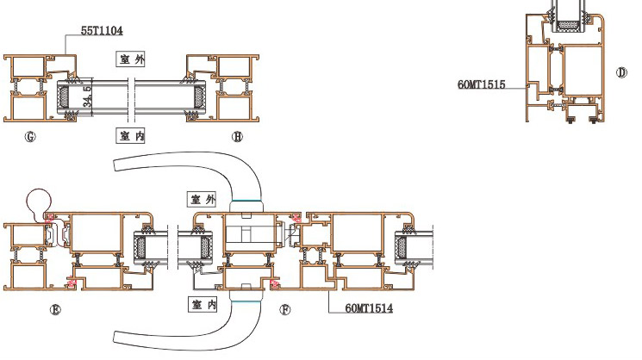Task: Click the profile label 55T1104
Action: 102,31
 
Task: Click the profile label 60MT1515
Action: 482,84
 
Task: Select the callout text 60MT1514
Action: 369,308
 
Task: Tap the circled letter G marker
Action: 30,137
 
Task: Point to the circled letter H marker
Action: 238,137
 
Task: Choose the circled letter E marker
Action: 55,310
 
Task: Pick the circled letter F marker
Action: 285,310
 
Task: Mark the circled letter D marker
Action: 621,72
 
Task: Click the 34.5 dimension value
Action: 88,96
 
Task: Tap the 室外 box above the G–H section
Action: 131,59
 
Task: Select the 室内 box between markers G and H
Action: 131,135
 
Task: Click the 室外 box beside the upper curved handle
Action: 203,199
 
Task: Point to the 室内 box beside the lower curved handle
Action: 203,304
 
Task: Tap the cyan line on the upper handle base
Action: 246,201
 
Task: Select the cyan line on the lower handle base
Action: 246,302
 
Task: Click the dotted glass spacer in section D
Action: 569,25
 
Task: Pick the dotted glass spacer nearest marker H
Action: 200,96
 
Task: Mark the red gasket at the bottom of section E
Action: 72,283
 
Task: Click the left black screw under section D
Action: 570,120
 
